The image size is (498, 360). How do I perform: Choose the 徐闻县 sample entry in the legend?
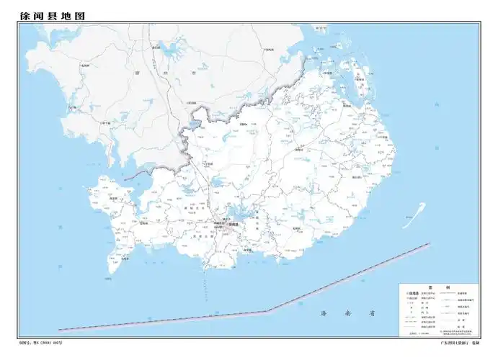(415, 294)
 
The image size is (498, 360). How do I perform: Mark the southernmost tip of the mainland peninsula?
(205, 269)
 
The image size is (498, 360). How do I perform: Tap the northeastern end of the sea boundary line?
(430, 244)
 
